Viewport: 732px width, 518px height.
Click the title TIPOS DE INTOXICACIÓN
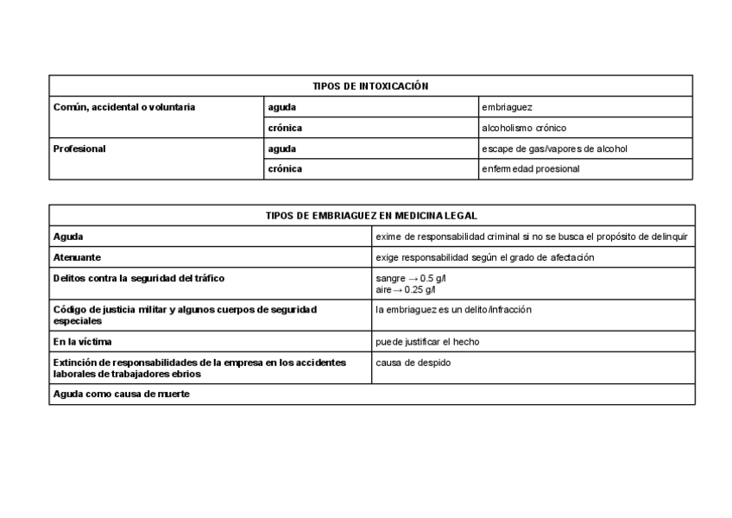(x=370, y=85)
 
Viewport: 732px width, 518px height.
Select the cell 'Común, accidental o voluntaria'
(x=124, y=107)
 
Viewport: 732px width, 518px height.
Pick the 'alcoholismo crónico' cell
(x=524, y=128)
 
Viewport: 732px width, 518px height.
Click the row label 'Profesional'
(x=79, y=148)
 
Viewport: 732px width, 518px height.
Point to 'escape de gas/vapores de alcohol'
(x=554, y=148)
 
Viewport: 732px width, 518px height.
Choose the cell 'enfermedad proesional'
(x=531, y=169)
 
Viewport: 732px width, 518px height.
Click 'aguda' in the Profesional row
(x=282, y=148)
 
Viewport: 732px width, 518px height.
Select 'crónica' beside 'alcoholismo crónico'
(x=285, y=128)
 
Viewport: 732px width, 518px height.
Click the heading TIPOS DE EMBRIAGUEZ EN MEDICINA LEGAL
(x=371, y=215)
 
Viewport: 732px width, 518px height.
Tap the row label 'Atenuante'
(x=78, y=257)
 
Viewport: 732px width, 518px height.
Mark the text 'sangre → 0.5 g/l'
(x=411, y=278)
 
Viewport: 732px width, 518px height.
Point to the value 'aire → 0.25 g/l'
(x=406, y=289)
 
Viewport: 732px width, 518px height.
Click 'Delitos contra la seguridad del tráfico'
(x=139, y=278)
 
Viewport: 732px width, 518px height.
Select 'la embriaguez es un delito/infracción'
(x=454, y=309)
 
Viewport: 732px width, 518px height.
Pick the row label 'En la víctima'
(x=82, y=341)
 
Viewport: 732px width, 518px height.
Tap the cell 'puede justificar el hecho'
(x=427, y=341)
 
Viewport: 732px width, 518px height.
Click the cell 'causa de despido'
(x=413, y=363)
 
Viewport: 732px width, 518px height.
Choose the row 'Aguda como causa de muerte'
(x=121, y=394)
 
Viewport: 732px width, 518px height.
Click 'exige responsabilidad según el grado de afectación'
(x=485, y=257)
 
